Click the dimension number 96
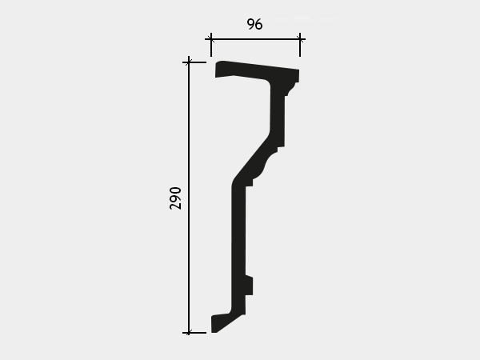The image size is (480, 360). pyautogui.click(x=254, y=24)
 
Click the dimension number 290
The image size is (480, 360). pyautogui.click(x=175, y=198)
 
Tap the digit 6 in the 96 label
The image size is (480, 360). pyautogui.click(x=258, y=24)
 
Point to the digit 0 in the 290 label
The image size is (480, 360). pyautogui.click(x=175, y=190)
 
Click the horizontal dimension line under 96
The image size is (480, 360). pyautogui.click(x=255, y=39)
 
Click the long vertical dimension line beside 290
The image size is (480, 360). pyautogui.click(x=189, y=197)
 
